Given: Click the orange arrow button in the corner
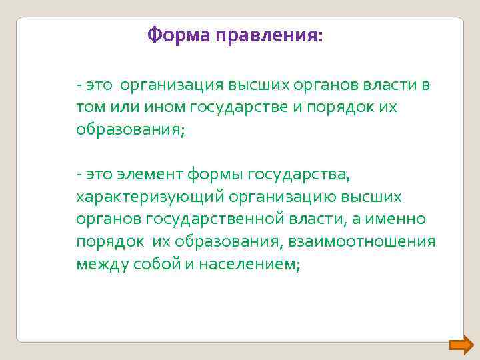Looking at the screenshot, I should [461, 345].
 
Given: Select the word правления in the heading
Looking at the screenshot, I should [269, 35].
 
